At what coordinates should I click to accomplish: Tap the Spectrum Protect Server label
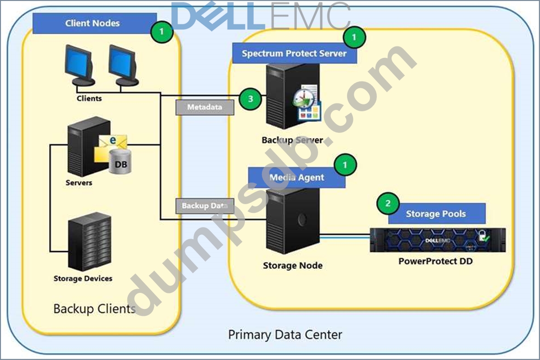click(x=294, y=53)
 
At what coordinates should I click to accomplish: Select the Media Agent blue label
click(x=296, y=177)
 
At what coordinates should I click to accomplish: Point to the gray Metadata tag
click(x=205, y=107)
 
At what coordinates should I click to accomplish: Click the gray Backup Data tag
click(x=205, y=206)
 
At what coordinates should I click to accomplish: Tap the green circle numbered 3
click(x=250, y=98)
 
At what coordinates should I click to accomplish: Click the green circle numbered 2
click(x=388, y=203)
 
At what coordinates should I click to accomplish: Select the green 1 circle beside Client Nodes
click(x=161, y=32)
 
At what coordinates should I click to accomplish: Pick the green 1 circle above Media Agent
click(x=346, y=164)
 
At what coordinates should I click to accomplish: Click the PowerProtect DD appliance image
click(x=438, y=240)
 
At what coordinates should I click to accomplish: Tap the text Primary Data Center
click(x=285, y=334)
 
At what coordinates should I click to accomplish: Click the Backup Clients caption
click(x=94, y=308)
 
